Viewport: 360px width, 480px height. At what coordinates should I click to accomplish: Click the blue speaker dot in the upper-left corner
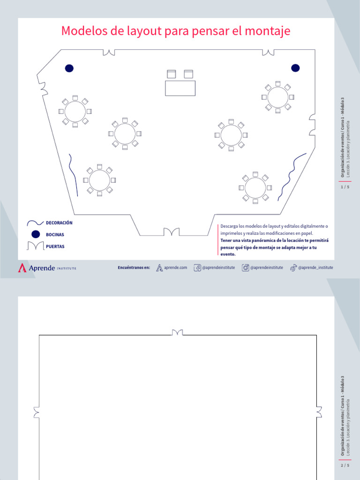click(69, 68)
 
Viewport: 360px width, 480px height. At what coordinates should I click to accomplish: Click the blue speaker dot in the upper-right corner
click(295, 68)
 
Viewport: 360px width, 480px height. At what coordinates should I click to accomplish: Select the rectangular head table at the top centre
click(180, 88)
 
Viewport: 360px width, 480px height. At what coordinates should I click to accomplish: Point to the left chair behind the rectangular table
click(171, 74)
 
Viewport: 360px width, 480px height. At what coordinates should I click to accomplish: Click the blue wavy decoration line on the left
click(73, 171)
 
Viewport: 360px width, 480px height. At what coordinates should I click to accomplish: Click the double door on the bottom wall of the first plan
click(171, 232)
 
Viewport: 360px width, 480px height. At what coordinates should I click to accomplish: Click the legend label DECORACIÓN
click(59, 223)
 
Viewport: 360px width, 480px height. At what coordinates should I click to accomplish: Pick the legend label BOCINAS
click(55, 234)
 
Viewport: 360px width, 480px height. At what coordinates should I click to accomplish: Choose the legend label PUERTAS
click(55, 246)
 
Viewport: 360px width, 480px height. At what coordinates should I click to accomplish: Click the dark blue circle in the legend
click(36, 234)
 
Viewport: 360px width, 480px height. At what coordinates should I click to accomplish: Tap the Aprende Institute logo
click(47, 268)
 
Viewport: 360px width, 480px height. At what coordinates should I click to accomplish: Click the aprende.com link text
click(176, 268)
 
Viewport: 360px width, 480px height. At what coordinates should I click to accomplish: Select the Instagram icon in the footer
click(245, 268)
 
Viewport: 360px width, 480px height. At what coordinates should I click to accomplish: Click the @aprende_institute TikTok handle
click(315, 268)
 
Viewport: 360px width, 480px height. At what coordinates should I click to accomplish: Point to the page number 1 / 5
click(345, 187)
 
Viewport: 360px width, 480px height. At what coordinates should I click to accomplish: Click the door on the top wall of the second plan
click(177, 333)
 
